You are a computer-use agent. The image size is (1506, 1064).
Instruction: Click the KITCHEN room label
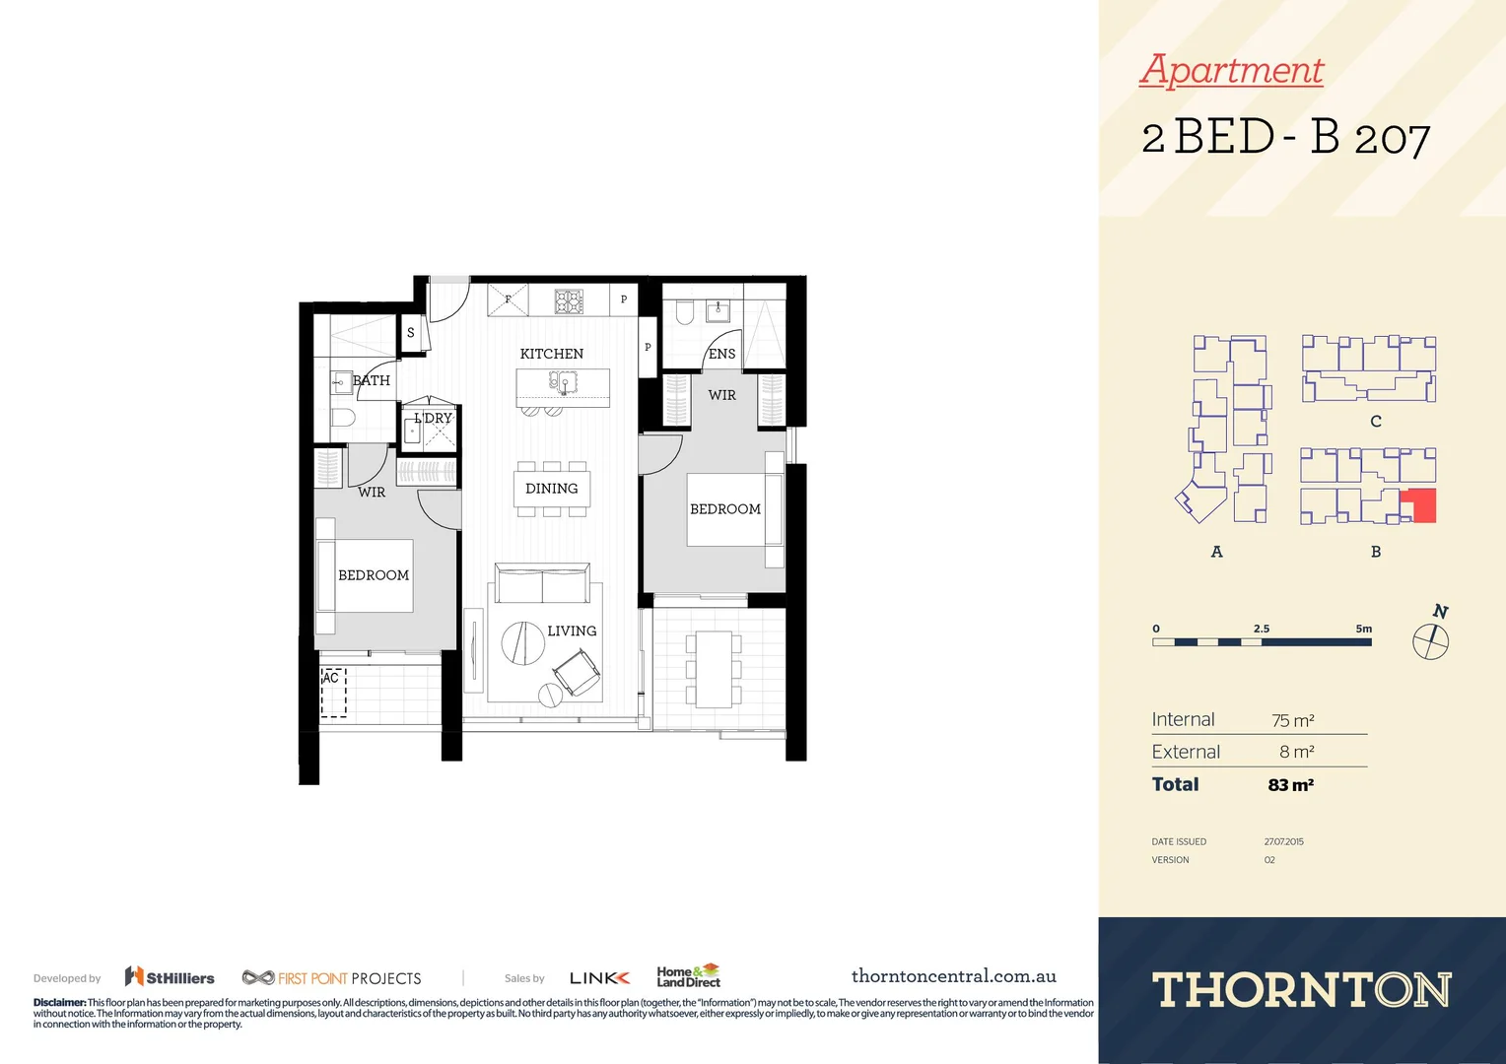(x=551, y=354)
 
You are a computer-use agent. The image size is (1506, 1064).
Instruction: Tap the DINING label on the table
(x=551, y=489)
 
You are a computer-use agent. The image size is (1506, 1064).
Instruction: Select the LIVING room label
(x=572, y=631)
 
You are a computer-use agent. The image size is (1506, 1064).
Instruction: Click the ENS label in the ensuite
(x=721, y=354)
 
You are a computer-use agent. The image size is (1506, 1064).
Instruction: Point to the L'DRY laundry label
(x=433, y=419)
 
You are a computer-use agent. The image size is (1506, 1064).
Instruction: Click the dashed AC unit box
(x=334, y=693)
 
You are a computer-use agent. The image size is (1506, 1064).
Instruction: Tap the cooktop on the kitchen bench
(x=569, y=301)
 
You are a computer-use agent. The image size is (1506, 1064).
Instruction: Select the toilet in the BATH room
(x=341, y=417)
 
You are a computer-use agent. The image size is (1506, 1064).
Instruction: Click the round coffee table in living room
(x=522, y=643)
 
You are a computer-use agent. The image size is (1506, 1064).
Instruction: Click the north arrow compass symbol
(x=1431, y=640)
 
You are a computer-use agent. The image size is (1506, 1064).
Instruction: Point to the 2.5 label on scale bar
(x=1262, y=629)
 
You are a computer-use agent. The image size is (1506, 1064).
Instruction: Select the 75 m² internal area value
(x=1292, y=721)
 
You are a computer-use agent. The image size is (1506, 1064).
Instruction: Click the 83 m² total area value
(x=1290, y=785)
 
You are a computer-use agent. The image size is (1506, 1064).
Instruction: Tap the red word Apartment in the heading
(x=1231, y=70)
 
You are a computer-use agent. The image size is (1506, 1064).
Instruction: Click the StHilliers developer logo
(x=170, y=977)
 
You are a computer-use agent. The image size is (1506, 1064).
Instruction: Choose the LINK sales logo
(x=599, y=978)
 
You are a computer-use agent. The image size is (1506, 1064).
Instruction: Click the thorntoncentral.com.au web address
(x=953, y=976)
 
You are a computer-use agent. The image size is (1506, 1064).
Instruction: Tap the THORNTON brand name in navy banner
(x=1301, y=990)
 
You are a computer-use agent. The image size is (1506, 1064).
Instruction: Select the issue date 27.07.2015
(x=1283, y=842)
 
